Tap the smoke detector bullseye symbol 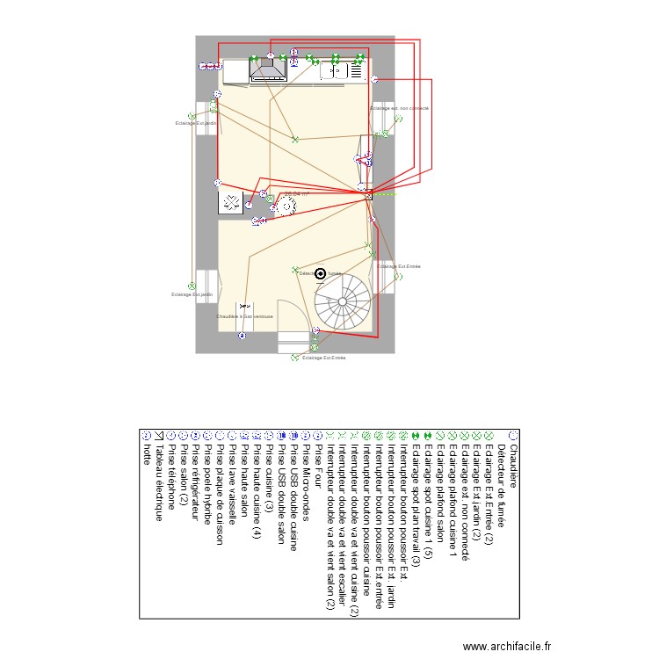pos(320,275)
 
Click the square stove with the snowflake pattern pos(230,203)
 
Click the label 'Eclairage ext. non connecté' pos(399,107)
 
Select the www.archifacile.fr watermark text pos(507,645)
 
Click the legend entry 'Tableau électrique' pos(159,480)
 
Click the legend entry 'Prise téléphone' pos(171,474)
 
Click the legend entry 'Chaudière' pos(513,466)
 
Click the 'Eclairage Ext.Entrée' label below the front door pos(323,358)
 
